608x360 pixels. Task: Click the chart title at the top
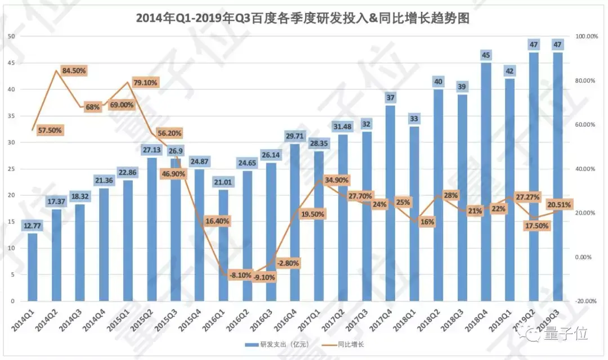(303, 18)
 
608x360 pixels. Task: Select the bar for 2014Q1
(33, 267)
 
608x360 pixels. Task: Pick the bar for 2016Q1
(223, 245)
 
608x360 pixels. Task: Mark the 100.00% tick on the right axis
(585, 36)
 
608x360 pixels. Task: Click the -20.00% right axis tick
(585, 301)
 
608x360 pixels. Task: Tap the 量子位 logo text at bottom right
(565, 335)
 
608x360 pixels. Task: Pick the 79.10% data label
(144, 82)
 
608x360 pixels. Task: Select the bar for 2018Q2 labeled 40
(438, 197)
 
